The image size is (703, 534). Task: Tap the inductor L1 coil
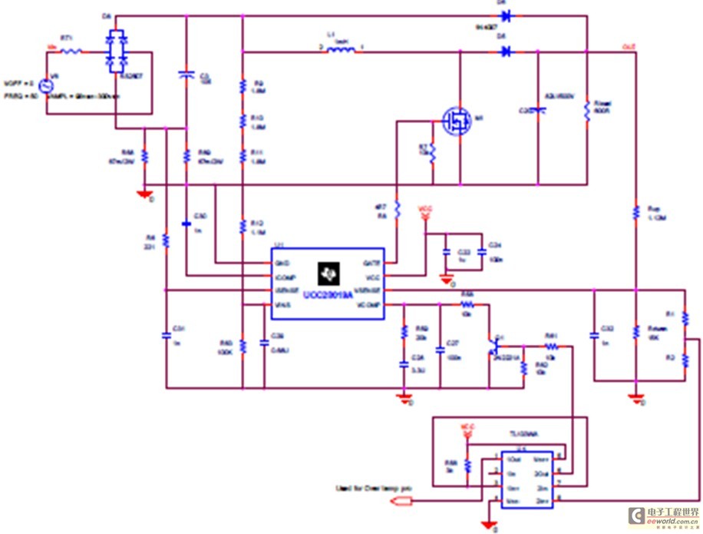pos(341,51)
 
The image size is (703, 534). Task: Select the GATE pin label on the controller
pos(371,263)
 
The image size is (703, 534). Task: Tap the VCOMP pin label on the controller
pos(368,305)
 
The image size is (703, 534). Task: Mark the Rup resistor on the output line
pos(635,211)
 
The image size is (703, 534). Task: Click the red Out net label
pos(628,47)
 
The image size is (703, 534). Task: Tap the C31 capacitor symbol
pos(167,335)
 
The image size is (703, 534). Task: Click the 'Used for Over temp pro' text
pos(363,487)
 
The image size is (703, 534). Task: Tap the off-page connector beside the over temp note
pos(402,502)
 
